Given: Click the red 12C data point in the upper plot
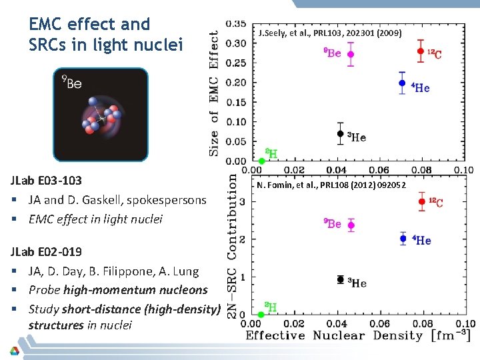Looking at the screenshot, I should click(x=421, y=51).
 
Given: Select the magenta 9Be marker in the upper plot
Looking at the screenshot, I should click(x=351, y=54).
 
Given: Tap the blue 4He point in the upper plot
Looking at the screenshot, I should click(x=402, y=83).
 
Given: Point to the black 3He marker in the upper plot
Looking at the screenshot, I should click(x=341, y=133).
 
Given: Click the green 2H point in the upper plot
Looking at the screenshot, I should click(x=262, y=161).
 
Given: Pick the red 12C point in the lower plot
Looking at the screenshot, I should click(x=421, y=201).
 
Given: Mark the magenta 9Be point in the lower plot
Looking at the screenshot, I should click(x=351, y=225).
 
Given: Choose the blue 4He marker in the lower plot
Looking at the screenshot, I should click(x=403, y=238).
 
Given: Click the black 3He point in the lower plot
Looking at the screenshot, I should click(x=341, y=279).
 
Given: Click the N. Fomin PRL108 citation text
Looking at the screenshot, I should click(x=331, y=185).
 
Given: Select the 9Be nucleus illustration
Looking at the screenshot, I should click(x=101, y=115).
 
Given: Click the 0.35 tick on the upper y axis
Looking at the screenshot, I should click(x=235, y=24).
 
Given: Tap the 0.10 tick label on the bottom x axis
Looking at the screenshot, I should click(x=465, y=323).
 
